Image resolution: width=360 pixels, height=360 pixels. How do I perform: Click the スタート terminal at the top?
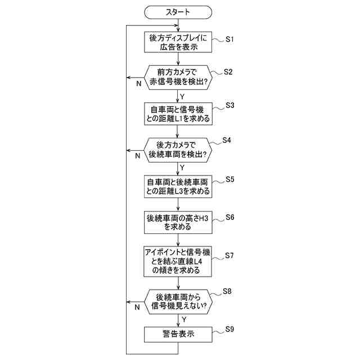178,11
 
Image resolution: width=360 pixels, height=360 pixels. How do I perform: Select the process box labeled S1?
178,43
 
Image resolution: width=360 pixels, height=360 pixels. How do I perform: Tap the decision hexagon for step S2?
178,78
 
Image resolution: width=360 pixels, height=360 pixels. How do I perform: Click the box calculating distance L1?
178,114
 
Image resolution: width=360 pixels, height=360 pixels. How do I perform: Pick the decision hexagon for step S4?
178,149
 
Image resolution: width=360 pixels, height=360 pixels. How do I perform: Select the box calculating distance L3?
178,186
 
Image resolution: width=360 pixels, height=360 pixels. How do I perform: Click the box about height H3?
178,223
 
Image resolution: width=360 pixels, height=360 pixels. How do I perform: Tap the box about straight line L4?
178,260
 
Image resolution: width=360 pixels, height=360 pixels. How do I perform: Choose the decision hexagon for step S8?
178,301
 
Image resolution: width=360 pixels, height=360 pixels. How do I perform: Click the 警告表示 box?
178,334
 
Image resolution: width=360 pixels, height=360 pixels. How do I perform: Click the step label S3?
229,106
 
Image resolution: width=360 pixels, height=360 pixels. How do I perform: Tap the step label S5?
229,179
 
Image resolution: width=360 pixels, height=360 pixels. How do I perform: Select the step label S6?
229,217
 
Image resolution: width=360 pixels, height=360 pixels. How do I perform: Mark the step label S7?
229,255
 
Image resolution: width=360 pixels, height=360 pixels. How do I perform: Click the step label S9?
229,328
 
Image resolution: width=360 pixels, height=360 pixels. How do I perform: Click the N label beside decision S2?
138,84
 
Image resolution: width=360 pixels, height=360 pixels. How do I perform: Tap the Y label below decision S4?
182,167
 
